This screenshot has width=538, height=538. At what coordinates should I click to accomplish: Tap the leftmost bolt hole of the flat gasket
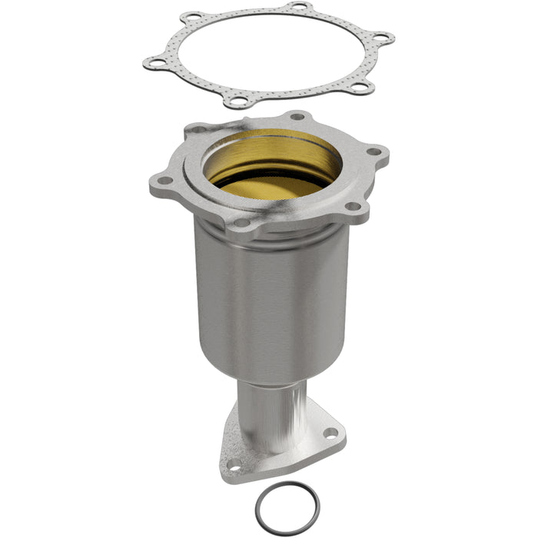coord(157,62)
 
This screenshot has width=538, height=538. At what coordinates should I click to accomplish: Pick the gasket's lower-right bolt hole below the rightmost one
coord(357,88)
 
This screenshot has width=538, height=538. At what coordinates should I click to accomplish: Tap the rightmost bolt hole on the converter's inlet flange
coord(374,151)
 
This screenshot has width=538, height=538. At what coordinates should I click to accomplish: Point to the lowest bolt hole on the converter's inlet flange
coord(241,223)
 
